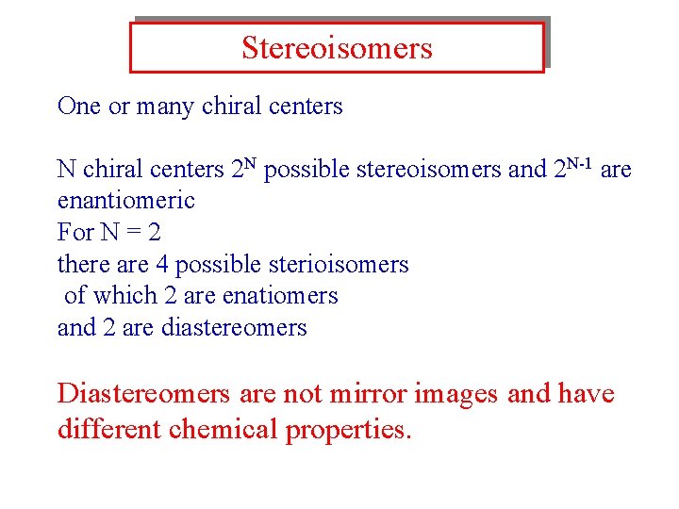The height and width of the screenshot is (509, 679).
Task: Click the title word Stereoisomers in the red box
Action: tap(337, 48)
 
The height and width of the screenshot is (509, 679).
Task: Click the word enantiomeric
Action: tap(126, 201)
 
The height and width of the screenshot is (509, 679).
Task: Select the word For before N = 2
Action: tap(75, 232)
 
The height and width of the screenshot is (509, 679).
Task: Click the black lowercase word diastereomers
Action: tap(234, 328)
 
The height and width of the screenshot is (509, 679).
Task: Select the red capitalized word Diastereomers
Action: tap(143, 393)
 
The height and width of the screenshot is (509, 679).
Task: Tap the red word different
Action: tap(109, 430)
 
